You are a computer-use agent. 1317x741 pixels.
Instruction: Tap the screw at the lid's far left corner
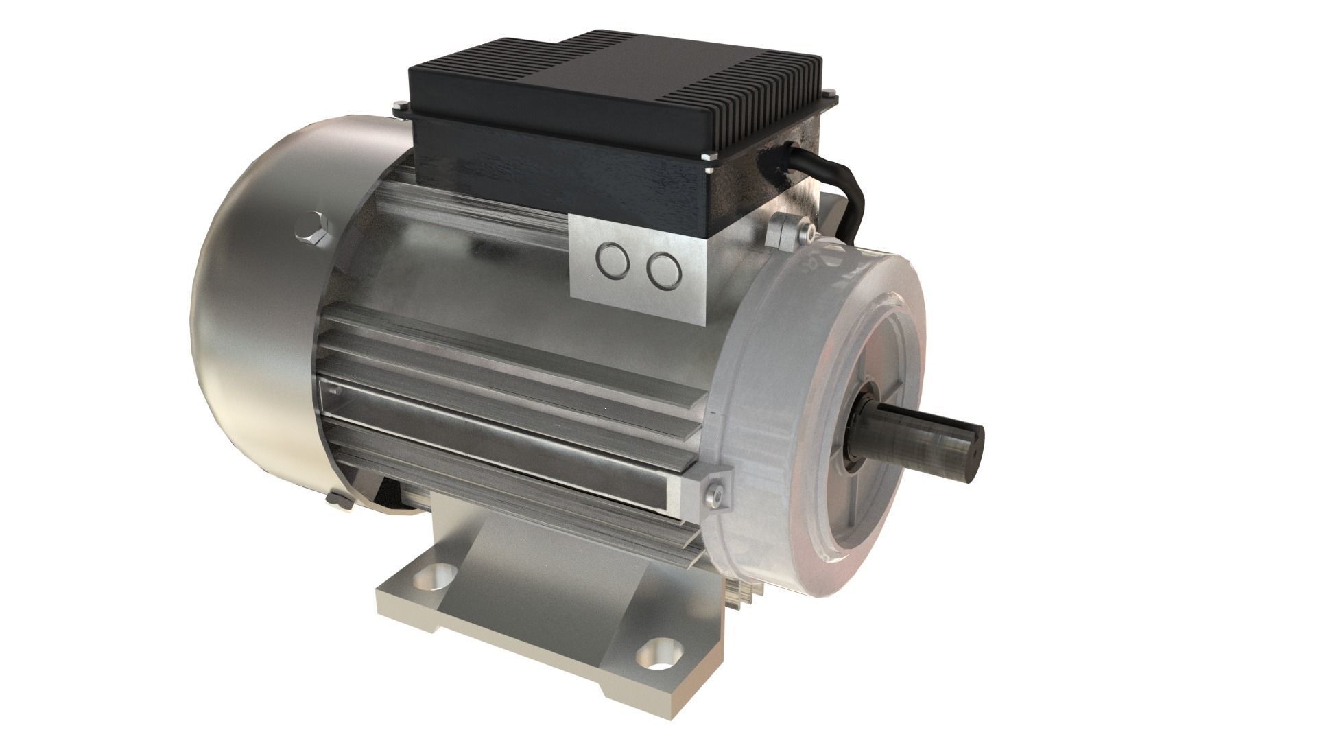399,106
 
